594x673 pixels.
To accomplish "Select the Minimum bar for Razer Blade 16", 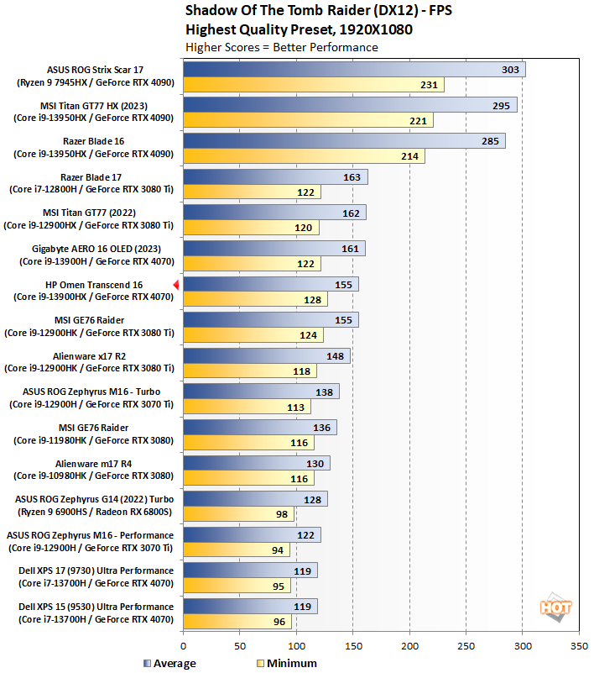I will click(304, 156).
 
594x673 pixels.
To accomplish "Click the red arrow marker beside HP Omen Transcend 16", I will click(176, 286).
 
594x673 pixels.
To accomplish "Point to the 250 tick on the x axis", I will click(466, 646).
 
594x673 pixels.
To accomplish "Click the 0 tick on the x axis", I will click(183, 646).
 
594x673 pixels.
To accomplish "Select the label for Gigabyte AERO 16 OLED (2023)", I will click(95, 255).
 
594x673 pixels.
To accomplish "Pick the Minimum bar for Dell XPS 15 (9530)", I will click(237, 623).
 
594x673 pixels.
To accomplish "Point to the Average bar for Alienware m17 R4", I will click(256, 464).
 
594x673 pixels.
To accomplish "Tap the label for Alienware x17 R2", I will click(95, 362).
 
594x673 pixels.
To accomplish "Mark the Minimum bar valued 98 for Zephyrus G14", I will click(238, 514).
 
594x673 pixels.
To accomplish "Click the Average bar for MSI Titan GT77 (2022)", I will click(274, 213).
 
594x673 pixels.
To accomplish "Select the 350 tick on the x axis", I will click(579, 646).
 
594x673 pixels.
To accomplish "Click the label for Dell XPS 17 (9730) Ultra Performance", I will click(95, 576).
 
